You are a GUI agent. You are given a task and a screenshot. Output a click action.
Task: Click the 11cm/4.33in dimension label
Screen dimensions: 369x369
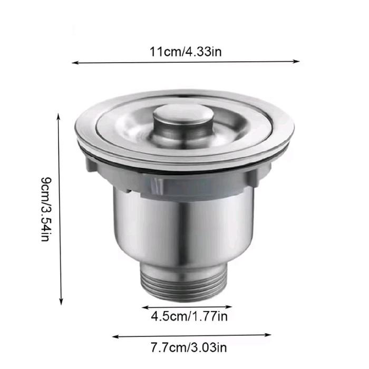pyautogui.click(x=186, y=52)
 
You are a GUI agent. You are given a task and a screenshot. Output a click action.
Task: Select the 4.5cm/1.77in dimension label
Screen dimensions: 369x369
pyautogui.click(x=189, y=316)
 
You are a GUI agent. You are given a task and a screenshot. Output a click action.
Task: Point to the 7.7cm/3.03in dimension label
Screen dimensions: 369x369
pyautogui.click(x=189, y=347)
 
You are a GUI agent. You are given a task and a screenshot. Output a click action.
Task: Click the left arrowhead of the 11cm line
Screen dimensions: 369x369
pyautogui.click(x=74, y=63)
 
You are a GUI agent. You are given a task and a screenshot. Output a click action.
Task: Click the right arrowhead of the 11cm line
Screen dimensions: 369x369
pyautogui.click(x=297, y=62)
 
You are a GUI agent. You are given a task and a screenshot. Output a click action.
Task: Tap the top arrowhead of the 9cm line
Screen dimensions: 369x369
pyautogui.click(x=59, y=116)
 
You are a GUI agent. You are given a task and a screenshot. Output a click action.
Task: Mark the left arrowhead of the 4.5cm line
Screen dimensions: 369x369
pyautogui.click(x=145, y=307)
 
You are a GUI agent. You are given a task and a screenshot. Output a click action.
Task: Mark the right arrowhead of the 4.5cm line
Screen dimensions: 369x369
pyautogui.click(x=229, y=307)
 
